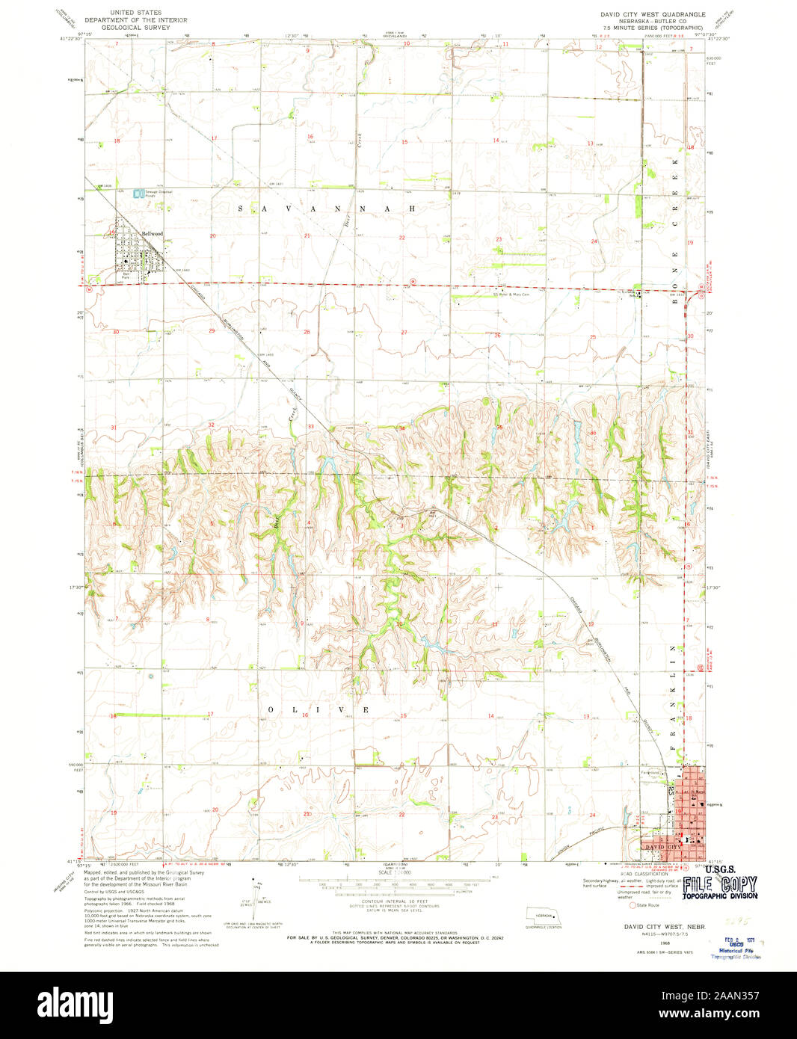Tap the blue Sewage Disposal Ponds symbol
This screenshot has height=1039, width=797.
tap(137, 194)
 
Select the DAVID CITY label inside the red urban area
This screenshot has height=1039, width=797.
tap(660, 846)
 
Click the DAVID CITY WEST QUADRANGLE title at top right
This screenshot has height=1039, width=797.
tap(653, 14)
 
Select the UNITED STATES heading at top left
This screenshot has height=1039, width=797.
tap(135, 13)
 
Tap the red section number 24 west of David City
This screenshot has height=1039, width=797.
tap(591, 815)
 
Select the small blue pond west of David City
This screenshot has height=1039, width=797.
tap(570, 808)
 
